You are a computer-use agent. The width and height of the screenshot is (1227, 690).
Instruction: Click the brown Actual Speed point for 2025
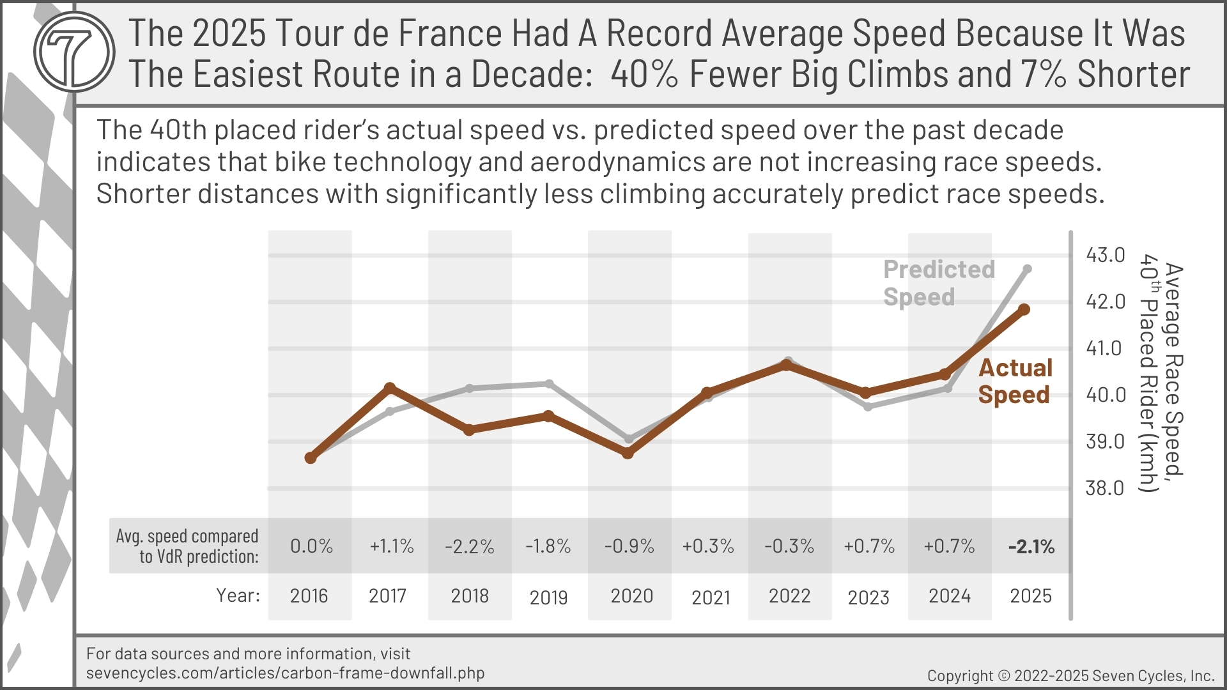click(1024, 309)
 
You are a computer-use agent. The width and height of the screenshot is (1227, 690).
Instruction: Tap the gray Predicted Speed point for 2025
click(1028, 269)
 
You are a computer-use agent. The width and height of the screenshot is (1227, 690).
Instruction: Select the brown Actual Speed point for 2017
click(390, 388)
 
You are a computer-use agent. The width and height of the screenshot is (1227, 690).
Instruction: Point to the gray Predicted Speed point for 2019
click(549, 383)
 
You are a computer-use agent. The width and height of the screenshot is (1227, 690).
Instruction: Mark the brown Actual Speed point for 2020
click(628, 453)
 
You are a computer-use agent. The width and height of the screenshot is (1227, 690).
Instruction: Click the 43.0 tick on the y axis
click(1105, 255)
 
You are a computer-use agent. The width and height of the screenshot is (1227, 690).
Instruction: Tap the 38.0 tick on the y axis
click(1105, 488)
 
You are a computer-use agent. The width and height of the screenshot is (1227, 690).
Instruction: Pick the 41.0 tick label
click(1105, 348)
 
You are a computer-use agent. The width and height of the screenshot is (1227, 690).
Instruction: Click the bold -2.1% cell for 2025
click(1031, 547)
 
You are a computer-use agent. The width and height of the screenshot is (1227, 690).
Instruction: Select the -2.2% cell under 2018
click(470, 547)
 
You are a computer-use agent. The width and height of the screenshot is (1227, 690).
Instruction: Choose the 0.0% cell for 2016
click(311, 546)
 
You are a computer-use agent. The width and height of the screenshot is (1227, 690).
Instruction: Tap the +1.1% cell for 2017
click(391, 546)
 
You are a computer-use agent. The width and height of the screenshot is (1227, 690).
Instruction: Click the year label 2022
click(789, 596)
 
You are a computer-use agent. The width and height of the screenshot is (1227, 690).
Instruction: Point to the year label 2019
click(548, 597)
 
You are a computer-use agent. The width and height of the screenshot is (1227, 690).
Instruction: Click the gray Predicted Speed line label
click(938, 283)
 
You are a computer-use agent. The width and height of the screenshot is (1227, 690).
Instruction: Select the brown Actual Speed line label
click(1015, 381)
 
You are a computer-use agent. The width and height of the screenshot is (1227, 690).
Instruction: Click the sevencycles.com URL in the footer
click(285, 673)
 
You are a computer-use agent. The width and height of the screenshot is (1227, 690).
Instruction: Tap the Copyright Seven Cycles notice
click(1070, 676)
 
